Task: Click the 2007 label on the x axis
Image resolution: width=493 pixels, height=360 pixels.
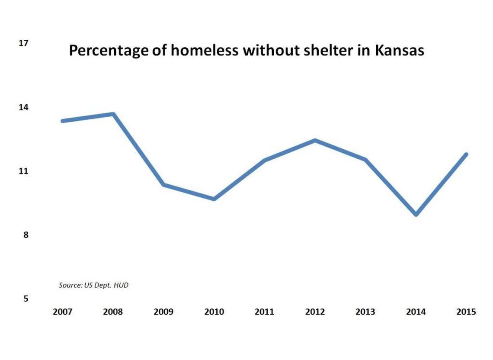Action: pos(62,312)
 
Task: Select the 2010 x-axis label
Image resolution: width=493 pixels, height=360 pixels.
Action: pos(214,312)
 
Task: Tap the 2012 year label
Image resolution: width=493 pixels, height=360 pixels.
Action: pos(315,312)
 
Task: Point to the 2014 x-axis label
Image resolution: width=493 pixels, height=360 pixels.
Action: pos(416,312)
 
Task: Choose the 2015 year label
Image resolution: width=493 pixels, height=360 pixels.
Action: pos(466,312)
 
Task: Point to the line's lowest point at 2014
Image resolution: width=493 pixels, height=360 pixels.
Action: pos(416,214)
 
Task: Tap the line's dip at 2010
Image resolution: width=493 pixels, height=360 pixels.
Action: pos(214,199)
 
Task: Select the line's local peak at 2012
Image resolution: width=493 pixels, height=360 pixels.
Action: pos(315,140)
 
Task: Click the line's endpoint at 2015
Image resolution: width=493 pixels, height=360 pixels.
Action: pos(466,154)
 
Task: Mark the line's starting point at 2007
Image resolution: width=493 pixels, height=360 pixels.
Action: pos(63,121)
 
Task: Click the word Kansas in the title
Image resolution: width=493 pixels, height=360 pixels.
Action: pos(399,51)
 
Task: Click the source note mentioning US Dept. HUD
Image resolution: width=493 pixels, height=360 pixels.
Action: pos(93,285)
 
